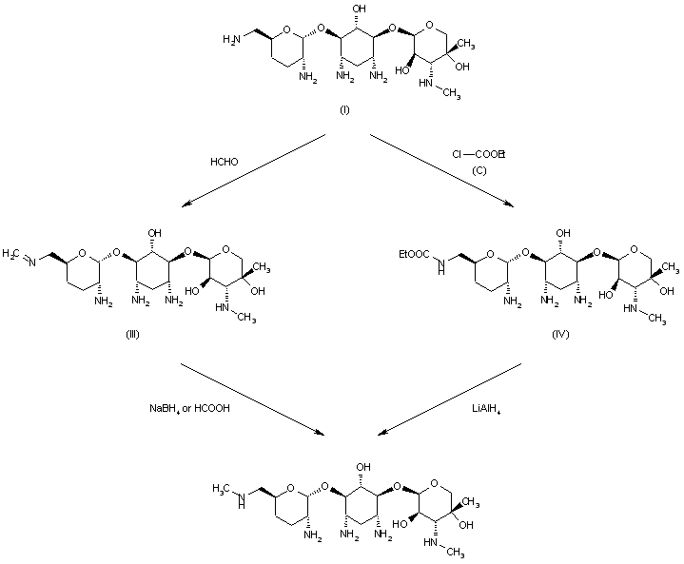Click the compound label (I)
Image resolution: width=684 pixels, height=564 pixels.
[345, 111]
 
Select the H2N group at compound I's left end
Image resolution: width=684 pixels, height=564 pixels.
[231, 39]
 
